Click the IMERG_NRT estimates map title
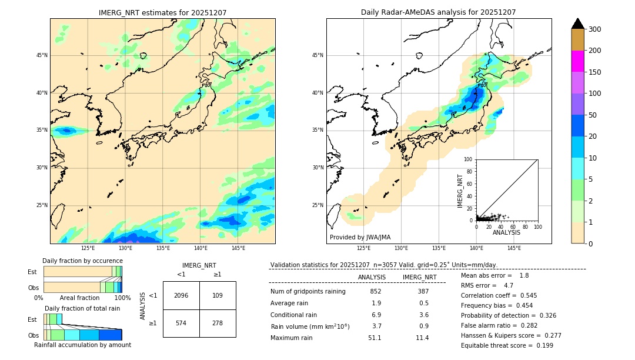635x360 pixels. (x=162, y=12)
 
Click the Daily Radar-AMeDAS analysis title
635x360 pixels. (x=438, y=12)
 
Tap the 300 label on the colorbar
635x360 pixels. (x=594, y=29)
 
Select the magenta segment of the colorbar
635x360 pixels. (x=577, y=61)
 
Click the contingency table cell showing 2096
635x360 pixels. (x=181, y=295)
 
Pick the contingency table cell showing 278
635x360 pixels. (x=218, y=323)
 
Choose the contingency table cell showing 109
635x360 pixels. (x=218, y=295)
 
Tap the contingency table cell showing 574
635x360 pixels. (x=181, y=323)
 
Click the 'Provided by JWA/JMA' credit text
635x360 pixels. (x=360, y=238)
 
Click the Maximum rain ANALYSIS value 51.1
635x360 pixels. (x=375, y=338)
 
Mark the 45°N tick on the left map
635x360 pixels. (x=42, y=55)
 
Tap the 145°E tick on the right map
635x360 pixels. (x=514, y=248)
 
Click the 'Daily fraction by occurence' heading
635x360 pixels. (x=82, y=261)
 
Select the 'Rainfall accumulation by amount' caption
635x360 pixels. (x=82, y=345)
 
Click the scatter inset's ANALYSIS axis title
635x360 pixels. (x=506, y=232)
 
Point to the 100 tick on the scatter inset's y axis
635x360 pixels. (x=469, y=159)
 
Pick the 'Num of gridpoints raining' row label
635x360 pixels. (x=308, y=291)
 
